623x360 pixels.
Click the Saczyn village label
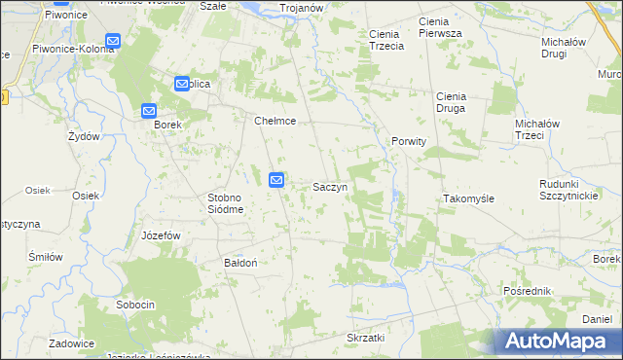point(331,186)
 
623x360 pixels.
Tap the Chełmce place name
point(275,122)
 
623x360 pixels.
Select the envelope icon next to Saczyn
point(276,180)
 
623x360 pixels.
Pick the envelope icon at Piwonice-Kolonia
point(112,42)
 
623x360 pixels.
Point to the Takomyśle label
point(469,198)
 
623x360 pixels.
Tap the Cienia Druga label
point(452,102)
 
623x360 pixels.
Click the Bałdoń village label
point(240,263)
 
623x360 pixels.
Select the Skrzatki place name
point(366,338)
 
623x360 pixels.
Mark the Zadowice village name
point(72,343)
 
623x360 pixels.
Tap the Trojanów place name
point(302,8)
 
